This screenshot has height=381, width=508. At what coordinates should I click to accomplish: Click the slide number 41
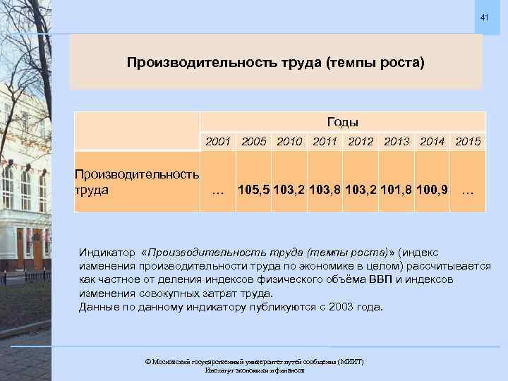pos(484,17)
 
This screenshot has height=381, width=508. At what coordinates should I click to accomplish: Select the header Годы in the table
pos(343,122)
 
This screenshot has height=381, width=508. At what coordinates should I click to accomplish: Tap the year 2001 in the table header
pos(218,142)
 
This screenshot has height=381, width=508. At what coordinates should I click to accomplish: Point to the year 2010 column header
pos(291,142)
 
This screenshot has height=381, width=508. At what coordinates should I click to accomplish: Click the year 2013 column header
pos(398,142)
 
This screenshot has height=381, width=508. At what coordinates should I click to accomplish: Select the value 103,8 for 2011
pos(327,189)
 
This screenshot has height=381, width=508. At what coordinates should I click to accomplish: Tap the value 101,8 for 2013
pos(397,189)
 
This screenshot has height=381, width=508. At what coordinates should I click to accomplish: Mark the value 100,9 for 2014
pos(432,189)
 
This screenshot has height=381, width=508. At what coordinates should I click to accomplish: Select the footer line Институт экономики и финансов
pos(254,370)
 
